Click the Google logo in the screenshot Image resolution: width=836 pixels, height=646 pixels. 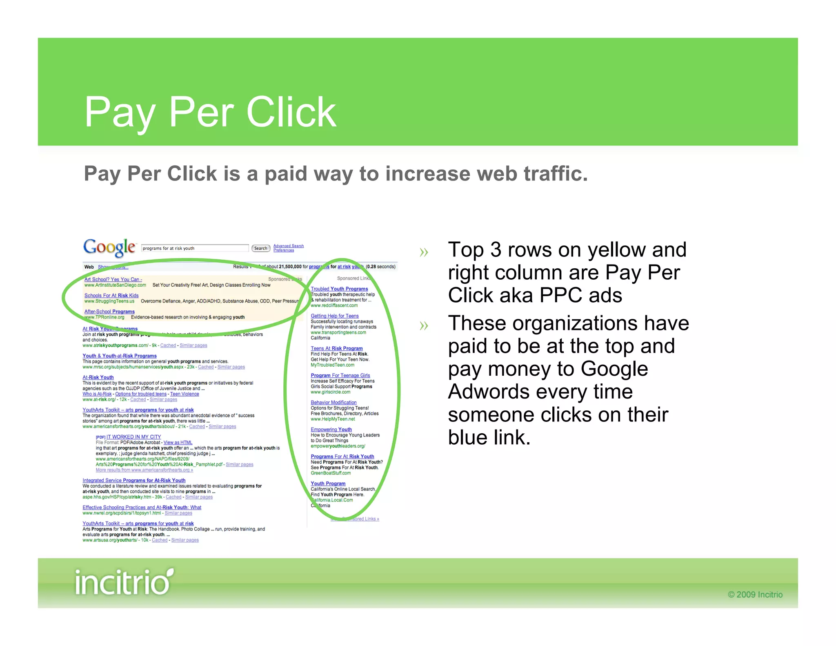pyautogui.click(x=109, y=247)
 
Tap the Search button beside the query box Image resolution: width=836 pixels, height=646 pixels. pyautogui.click(x=260, y=248)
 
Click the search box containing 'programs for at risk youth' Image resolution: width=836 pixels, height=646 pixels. pyautogui.click(x=195, y=248)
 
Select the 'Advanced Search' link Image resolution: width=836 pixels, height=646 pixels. pyautogui.click(x=288, y=246)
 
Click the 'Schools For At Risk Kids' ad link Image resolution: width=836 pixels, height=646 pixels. pyautogui.click(x=111, y=295)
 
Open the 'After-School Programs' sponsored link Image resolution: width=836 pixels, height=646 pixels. pyautogui.click(x=109, y=312)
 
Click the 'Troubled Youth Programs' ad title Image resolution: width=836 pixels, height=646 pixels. pyautogui.click(x=339, y=289)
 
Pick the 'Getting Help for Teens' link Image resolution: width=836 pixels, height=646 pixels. pyautogui.click(x=335, y=316)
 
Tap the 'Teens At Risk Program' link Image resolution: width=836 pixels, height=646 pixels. pyautogui.click(x=336, y=348)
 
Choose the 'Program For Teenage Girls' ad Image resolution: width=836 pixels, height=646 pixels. pyautogui.click(x=340, y=375)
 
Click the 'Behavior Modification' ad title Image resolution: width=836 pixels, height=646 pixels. pyautogui.click(x=334, y=402)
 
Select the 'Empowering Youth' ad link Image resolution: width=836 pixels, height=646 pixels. pyautogui.click(x=331, y=429)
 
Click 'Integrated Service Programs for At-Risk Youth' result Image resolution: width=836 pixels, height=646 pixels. pyautogui.click(x=134, y=480)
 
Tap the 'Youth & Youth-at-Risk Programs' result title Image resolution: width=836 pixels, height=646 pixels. pyautogui.click(x=120, y=356)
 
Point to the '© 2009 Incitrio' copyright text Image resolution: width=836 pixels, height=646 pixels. pyautogui.click(x=755, y=595)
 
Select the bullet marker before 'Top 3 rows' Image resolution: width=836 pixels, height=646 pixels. pyautogui.click(x=424, y=252)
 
